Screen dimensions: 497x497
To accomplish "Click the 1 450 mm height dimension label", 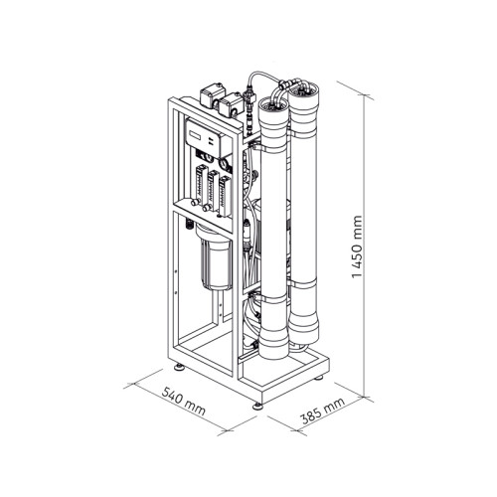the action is pyautogui.click(x=357, y=248).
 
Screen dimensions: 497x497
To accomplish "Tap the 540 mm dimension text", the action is pyautogui.click(x=183, y=402).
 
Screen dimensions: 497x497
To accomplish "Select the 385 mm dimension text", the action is pyautogui.click(x=323, y=411).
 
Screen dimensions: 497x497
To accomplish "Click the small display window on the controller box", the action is pyautogui.click(x=196, y=135).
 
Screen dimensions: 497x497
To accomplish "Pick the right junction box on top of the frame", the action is pyautogui.click(x=231, y=103).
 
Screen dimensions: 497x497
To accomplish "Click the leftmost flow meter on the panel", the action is pyautogui.click(x=200, y=185).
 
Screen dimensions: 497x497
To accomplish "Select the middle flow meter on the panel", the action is pyautogui.click(x=214, y=191).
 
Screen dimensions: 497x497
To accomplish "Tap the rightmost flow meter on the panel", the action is pyautogui.click(x=225, y=196).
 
